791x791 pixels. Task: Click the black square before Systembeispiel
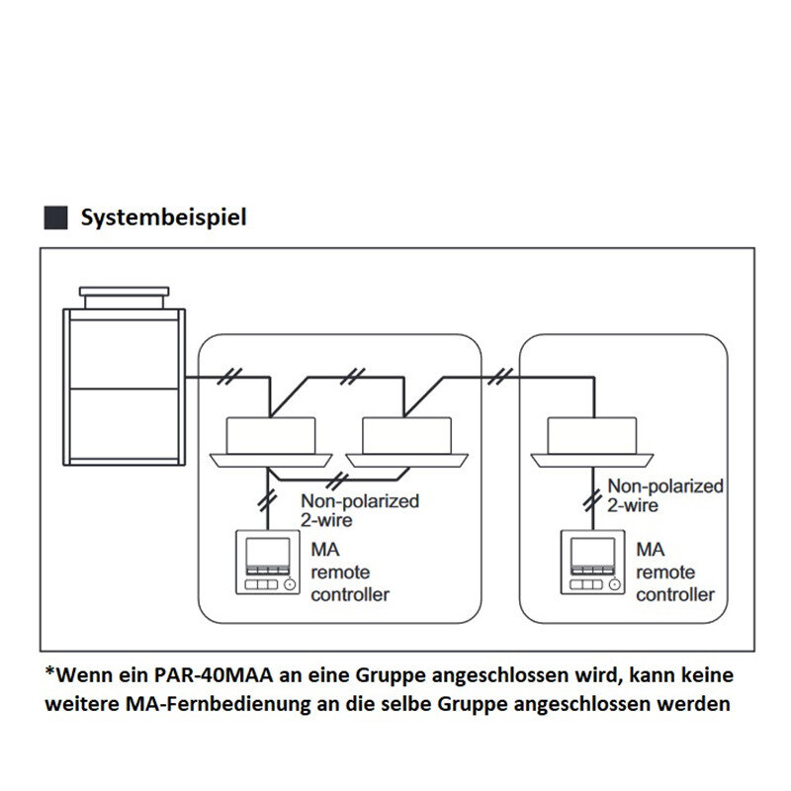pyautogui.click(x=57, y=218)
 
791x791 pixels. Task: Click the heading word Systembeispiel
pyautogui.click(x=163, y=217)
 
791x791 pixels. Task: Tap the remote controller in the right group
pyautogui.click(x=592, y=564)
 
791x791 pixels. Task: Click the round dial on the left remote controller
pyautogui.click(x=289, y=584)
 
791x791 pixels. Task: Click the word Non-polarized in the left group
pyautogui.click(x=360, y=501)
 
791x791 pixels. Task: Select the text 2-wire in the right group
pyautogui.click(x=634, y=505)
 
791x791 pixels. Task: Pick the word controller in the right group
pyautogui.click(x=675, y=594)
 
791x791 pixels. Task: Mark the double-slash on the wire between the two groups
pyautogui.click(x=503, y=377)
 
